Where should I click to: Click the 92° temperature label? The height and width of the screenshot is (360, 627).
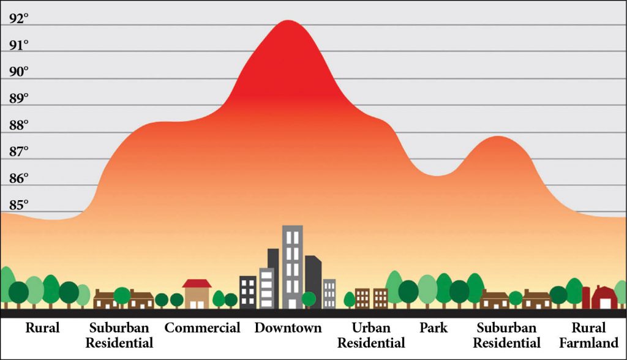tap(19, 19)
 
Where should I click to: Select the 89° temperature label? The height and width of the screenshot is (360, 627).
tap(19, 99)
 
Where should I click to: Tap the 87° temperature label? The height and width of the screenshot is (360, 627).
tap(19, 152)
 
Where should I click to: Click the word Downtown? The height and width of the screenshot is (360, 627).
tap(288, 328)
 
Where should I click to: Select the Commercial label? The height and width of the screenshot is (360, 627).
tap(202, 328)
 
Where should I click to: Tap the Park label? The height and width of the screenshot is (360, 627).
tap(433, 328)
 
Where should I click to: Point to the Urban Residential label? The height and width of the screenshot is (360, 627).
tap(371, 335)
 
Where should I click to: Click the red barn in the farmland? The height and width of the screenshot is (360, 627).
tap(604, 298)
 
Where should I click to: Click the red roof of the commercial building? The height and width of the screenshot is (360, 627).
tap(197, 283)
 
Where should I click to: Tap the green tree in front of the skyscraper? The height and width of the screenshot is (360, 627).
tap(309, 299)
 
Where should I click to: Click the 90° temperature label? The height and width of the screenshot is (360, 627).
tap(19, 72)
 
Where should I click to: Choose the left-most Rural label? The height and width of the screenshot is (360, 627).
tap(42, 328)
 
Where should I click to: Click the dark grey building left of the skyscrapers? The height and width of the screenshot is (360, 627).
tap(248, 292)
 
